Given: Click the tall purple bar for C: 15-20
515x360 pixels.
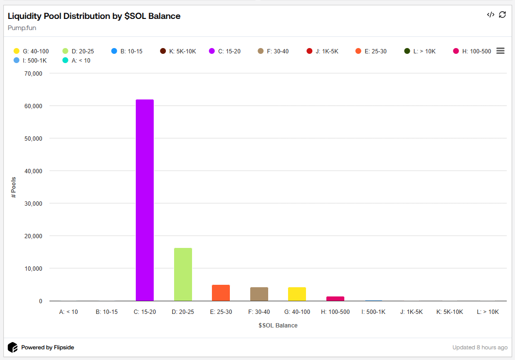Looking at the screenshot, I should click(x=145, y=200).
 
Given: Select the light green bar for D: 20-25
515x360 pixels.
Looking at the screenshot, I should click(x=183, y=274).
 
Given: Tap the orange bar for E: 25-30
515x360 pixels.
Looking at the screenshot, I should click(x=221, y=293).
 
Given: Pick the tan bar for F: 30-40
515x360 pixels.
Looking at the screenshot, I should click(x=259, y=294).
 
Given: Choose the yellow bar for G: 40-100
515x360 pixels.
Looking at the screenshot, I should click(x=297, y=294).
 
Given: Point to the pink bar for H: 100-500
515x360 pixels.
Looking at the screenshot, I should click(x=335, y=298).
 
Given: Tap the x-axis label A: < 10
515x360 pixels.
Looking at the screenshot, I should click(x=68, y=312).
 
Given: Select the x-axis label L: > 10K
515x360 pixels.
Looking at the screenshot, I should click(x=487, y=312).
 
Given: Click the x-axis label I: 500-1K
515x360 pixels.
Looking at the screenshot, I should click(x=373, y=312).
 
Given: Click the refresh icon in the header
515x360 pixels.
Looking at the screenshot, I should click(x=502, y=15).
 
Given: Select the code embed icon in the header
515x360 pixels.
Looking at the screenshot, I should click(x=490, y=15).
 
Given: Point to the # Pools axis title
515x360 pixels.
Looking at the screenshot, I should click(x=14, y=187).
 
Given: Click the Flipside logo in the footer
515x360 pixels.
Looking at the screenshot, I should click(x=13, y=347).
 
